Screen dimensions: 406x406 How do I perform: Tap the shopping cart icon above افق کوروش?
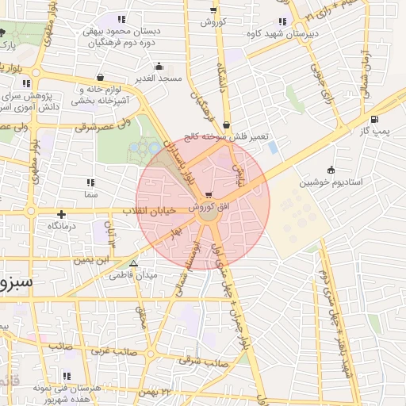coord(208,195)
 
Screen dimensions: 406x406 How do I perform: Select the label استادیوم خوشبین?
coord(331,182)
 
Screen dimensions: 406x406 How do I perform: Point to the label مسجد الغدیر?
coord(159,79)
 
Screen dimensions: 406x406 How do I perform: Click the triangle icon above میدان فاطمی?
coord(133,263)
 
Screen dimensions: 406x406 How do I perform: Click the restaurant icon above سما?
coord(89,182)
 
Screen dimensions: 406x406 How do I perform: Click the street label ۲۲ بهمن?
coord(176,392)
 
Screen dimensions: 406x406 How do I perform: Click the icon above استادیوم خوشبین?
coord(331,169)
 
